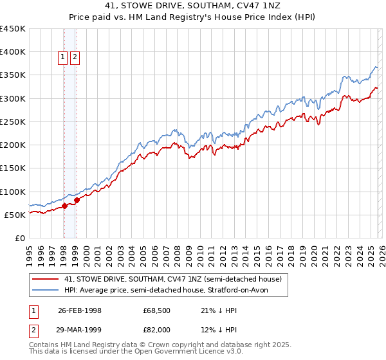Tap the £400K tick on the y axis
click(x=13, y=52)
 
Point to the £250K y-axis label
click(x=13, y=122)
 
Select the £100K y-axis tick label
click(x=13, y=192)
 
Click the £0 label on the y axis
click(x=20, y=238)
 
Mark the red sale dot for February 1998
click(x=65, y=206)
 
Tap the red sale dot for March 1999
click(x=77, y=200)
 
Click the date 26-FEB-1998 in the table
click(x=80, y=310)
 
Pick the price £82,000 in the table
click(x=156, y=330)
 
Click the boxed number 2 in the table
click(x=33, y=330)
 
